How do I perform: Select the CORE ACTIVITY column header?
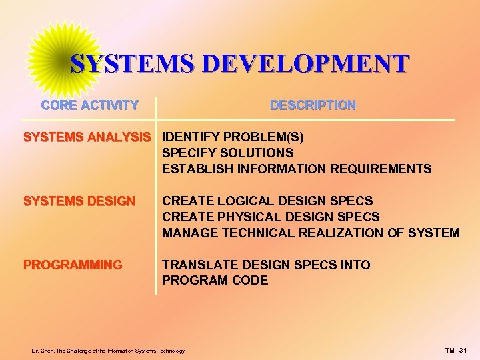click(90, 105)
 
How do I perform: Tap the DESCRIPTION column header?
click(313, 105)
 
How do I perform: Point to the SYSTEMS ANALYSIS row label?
click(87, 137)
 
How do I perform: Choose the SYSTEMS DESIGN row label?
click(79, 201)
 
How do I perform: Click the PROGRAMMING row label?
click(73, 265)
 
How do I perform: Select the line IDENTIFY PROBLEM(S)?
click(233, 137)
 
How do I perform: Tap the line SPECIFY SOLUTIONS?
click(227, 153)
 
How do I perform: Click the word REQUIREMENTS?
click(381, 169)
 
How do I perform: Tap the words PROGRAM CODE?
click(215, 281)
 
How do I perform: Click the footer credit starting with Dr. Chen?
click(108, 351)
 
